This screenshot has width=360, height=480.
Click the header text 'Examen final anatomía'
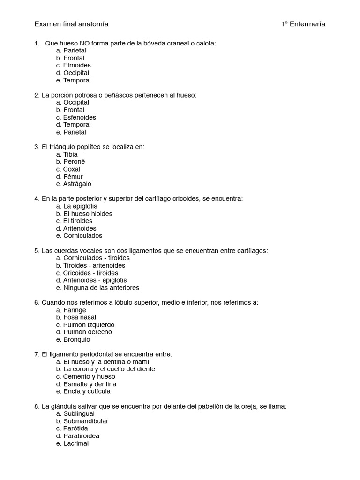tap(71, 24)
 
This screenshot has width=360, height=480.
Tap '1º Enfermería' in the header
tap(303, 24)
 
